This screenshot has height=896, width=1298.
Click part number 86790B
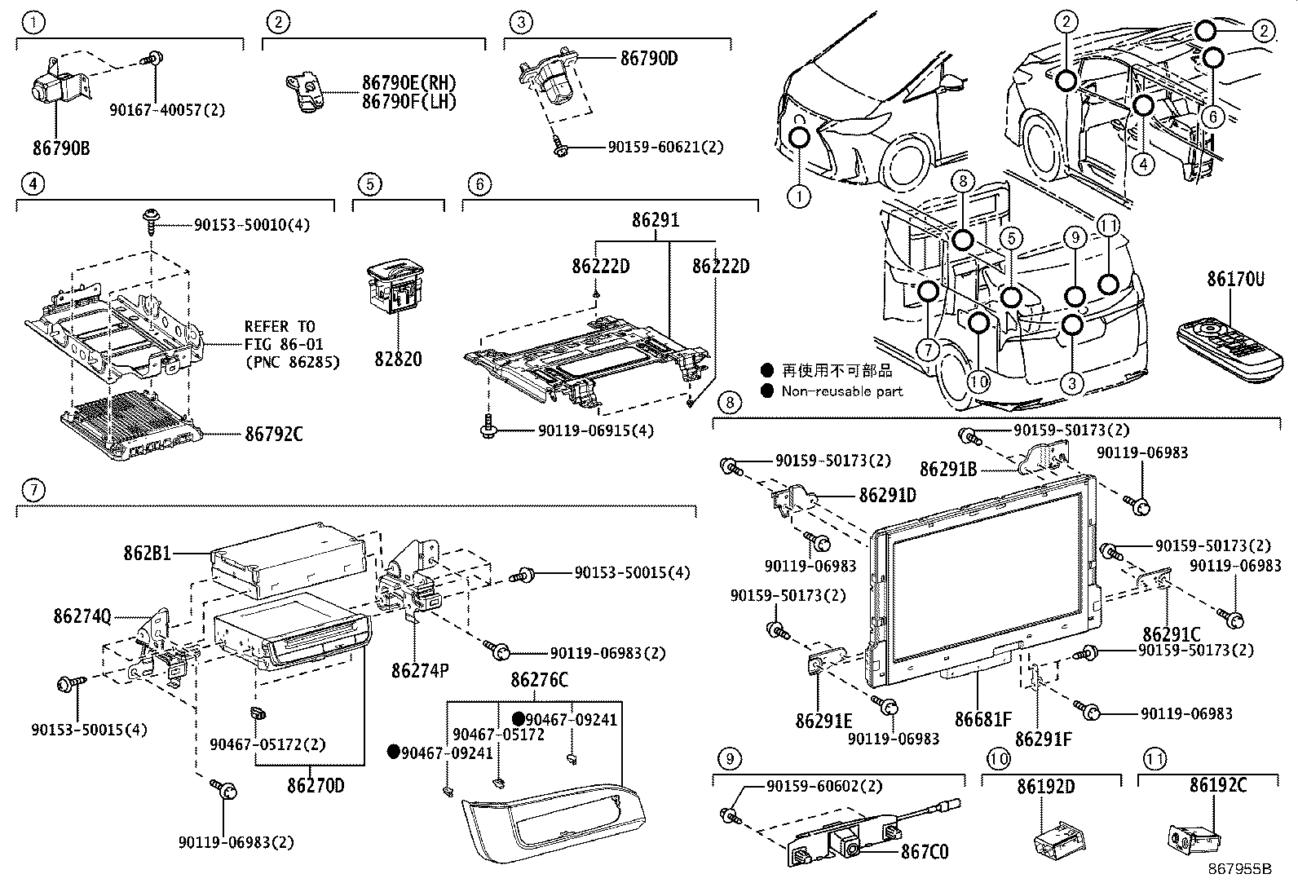tap(61, 148)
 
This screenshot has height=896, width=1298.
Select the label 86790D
tap(649, 59)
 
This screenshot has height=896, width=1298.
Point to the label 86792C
tap(274, 435)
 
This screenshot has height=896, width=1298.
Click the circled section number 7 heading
tap(33, 490)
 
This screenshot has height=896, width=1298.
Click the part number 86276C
tap(539, 680)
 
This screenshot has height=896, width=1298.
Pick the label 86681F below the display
tap(983, 720)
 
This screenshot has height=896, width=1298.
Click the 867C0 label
tap(924, 852)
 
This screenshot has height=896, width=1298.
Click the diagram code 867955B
tap(1239, 869)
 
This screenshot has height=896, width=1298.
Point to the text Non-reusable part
tap(842, 391)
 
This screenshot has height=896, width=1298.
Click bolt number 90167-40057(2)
tap(167, 109)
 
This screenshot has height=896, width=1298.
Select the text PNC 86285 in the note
tap(292, 361)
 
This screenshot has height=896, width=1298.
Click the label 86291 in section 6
tap(655, 220)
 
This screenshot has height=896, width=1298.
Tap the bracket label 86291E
tap(823, 721)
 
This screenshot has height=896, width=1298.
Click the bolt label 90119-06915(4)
tap(595, 430)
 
